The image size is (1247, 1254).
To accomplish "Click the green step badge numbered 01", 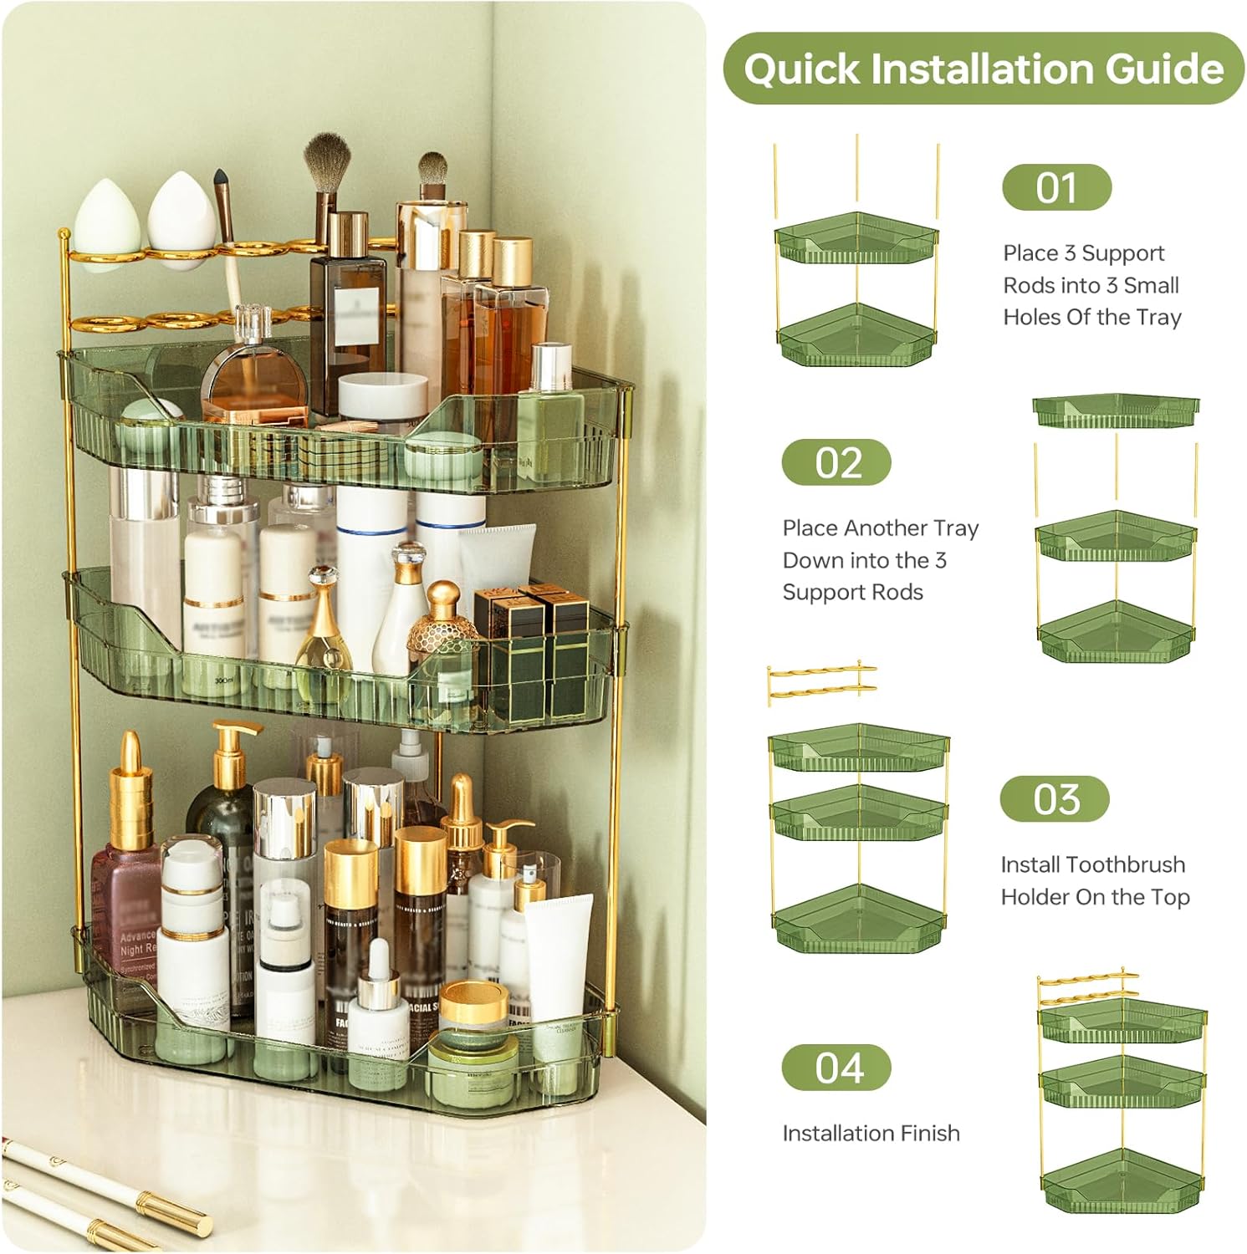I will [1056, 187].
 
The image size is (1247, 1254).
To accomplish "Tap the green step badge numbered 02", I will [836, 462].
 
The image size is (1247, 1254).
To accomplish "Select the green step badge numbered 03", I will [1055, 799].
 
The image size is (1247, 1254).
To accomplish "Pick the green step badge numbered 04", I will [836, 1068].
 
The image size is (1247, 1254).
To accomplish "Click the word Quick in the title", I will [801, 69].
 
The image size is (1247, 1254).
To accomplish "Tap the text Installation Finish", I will [871, 1134].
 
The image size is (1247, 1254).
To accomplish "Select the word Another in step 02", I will [886, 528].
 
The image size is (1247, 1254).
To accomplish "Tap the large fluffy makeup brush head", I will [326, 159].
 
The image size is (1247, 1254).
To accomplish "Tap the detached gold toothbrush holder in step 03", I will [820, 681].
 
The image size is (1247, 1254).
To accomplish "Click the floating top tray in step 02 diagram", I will [1116, 410].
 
